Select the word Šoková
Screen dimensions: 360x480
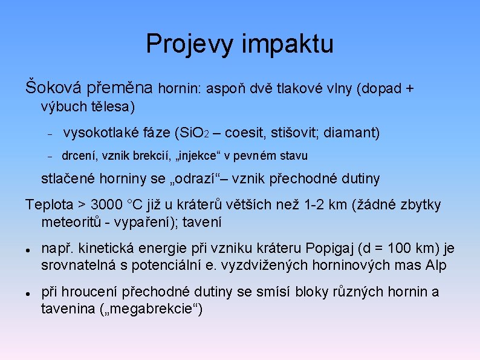pos(54,88)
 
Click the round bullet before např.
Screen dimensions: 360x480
pos(28,249)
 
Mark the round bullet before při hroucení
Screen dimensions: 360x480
pos(28,293)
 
